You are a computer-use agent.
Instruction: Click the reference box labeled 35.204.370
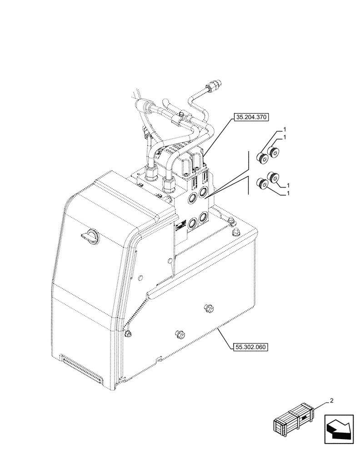pyautogui.click(x=251, y=117)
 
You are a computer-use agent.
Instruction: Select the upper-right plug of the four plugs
pyautogui.click(x=274, y=153)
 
